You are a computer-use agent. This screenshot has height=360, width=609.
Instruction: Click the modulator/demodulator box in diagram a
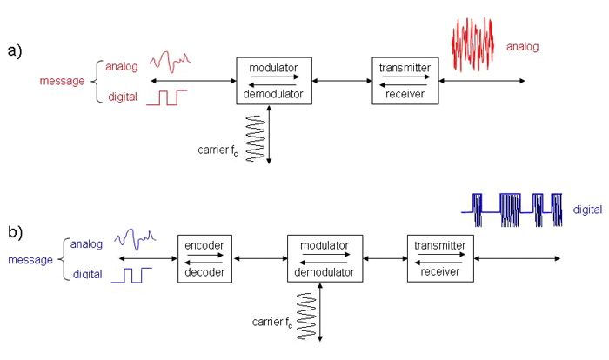click(x=273, y=81)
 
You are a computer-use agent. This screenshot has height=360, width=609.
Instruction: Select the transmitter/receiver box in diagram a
click(x=405, y=81)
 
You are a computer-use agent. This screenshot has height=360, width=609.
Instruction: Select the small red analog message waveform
click(x=170, y=62)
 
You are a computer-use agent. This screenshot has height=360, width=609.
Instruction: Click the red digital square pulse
click(x=162, y=97)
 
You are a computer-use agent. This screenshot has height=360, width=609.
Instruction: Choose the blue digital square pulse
click(x=136, y=276)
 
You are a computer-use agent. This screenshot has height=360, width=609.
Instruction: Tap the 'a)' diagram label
click(x=15, y=50)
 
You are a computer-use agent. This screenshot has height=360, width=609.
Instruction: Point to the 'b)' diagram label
click(x=15, y=233)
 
